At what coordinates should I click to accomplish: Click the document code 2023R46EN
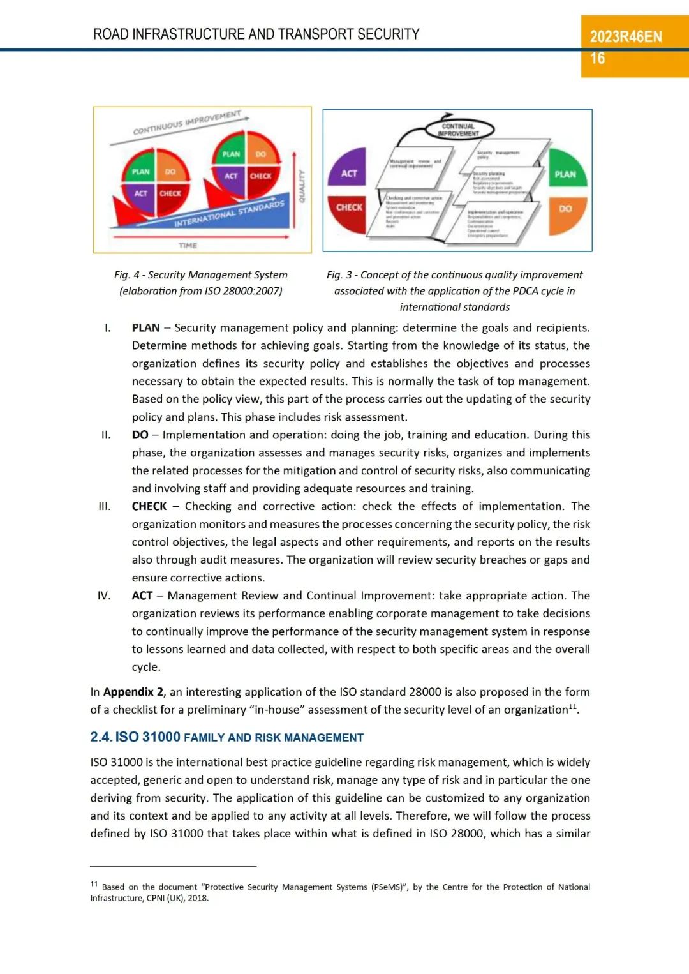(x=625, y=37)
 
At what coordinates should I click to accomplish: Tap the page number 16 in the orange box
(x=597, y=59)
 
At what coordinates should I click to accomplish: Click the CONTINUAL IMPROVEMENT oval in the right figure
(x=458, y=130)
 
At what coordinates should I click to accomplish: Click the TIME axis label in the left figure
(x=188, y=245)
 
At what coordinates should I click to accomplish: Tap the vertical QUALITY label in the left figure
(x=302, y=186)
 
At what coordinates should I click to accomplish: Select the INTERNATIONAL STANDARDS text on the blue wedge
(x=229, y=214)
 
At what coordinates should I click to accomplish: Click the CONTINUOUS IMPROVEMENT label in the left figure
(x=186, y=122)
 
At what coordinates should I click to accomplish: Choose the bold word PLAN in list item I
(x=145, y=328)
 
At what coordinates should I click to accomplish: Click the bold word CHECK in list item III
(x=149, y=506)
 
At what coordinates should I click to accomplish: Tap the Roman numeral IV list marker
(x=104, y=596)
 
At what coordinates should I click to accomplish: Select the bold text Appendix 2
(x=133, y=692)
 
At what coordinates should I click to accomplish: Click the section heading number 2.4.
(x=101, y=737)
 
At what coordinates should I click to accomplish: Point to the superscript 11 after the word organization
(x=572, y=707)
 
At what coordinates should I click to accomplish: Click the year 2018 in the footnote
(x=198, y=898)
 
